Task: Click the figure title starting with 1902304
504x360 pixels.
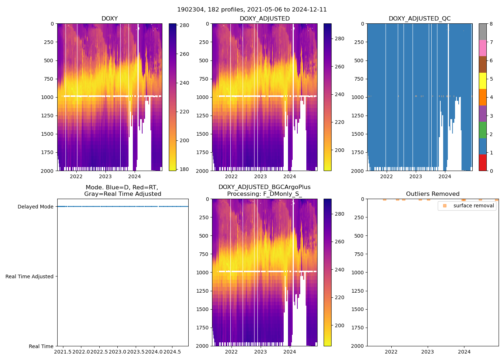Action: [x=252, y=10]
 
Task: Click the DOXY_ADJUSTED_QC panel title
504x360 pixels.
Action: [x=419, y=19]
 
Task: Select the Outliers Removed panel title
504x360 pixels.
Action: [x=432, y=194]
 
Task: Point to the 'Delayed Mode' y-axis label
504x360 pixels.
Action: [x=35, y=207]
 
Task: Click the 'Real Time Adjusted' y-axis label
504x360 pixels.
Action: [x=29, y=276]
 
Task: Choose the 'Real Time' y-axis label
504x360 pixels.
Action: [x=41, y=346]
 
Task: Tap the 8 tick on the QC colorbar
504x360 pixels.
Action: [x=491, y=24]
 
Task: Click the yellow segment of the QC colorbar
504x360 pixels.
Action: [x=482, y=81]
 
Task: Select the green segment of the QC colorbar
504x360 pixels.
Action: [x=482, y=130]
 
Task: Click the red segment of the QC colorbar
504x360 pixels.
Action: [x=482, y=162]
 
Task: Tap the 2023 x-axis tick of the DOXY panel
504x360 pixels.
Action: [x=105, y=176]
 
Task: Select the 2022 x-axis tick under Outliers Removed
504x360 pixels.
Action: [x=391, y=352]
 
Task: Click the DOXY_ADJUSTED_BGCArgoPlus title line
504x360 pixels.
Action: [x=264, y=187]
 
